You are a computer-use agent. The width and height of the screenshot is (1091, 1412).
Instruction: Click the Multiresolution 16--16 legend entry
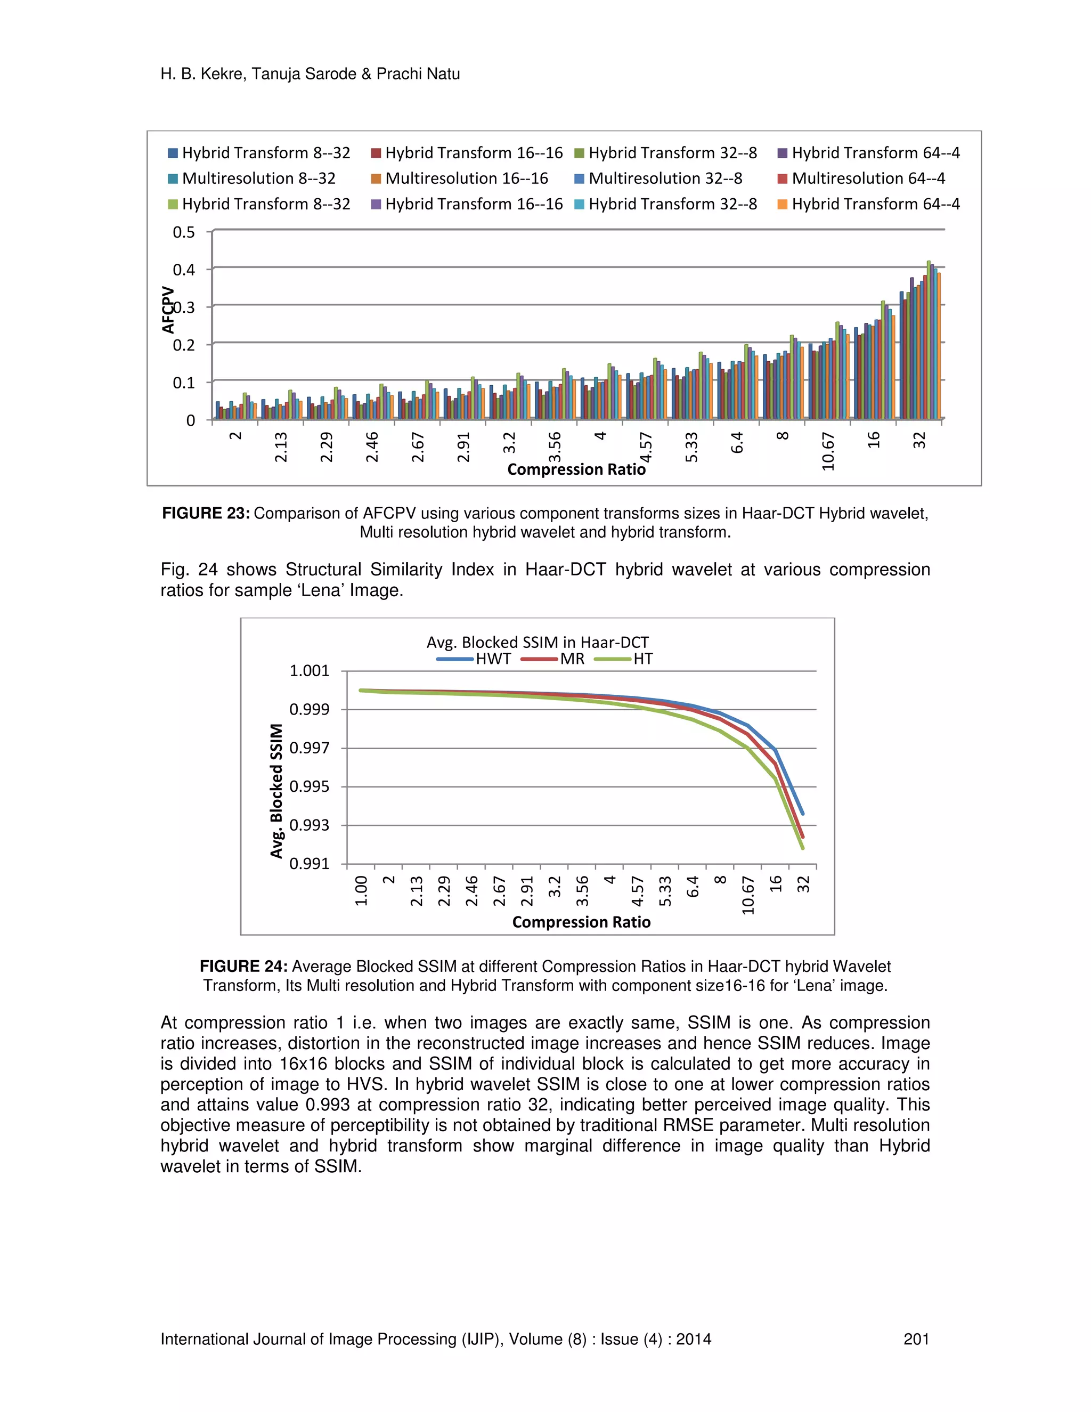coord(466,178)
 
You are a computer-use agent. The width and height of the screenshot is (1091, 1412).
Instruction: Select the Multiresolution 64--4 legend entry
coord(868,178)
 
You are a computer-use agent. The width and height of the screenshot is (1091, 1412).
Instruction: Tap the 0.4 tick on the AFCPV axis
coord(184,270)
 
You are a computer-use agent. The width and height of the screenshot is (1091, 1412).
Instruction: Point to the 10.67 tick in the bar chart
coord(828,451)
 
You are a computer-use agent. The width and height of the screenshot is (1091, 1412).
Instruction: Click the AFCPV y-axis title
coord(168,310)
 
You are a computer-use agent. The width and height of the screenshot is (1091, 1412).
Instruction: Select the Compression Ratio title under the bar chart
coord(576,469)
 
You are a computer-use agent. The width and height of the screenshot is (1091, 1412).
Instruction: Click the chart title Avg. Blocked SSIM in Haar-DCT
coord(537,642)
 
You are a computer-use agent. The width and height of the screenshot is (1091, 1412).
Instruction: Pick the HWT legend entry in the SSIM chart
coord(493,659)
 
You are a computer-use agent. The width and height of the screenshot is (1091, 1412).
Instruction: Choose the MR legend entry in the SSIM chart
coord(572,659)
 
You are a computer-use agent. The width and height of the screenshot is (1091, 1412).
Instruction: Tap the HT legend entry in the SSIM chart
coord(642,659)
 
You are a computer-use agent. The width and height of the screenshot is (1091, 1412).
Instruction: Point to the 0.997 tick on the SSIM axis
coord(309,748)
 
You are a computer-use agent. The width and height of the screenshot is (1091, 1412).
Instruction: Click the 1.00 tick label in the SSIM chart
coord(362,890)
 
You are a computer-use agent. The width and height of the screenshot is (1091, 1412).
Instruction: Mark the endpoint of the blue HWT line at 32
coord(803,814)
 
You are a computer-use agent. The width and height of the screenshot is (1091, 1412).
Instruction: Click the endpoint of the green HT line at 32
coord(803,848)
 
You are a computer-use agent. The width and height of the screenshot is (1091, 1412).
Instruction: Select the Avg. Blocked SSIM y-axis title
coord(276,791)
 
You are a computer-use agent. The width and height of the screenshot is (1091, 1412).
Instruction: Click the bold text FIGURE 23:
coord(206,513)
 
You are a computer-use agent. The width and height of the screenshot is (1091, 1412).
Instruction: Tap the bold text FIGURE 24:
coord(243,967)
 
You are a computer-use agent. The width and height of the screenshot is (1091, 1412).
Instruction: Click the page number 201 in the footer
coord(916,1339)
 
